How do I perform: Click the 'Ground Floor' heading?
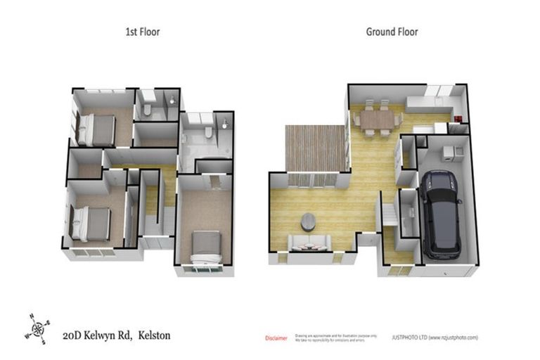[392, 32]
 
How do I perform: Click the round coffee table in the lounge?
[309, 221]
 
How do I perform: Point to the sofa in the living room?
[309, 244]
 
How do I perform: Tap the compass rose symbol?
[37, 328]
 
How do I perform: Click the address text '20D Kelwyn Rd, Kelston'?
[116, 335]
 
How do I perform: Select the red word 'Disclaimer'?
[276, 338]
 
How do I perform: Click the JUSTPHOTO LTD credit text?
[434, 337]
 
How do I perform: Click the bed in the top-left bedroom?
[94, 129]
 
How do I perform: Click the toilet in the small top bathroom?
[148, 110]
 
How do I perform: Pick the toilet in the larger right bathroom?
[209, 133]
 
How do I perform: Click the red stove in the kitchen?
[456, 119]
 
